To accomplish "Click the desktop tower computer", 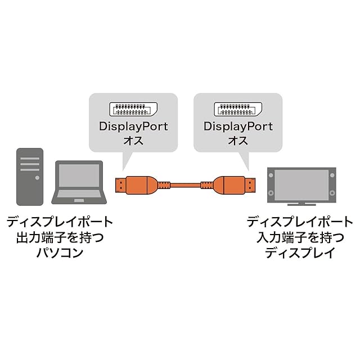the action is point(30,177).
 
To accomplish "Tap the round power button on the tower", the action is point(37,178).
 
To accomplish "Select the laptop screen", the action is point(79,175).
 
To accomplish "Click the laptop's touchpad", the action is point(79,201).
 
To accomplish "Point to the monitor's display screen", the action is point(301,185).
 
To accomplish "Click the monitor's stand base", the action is point(301,204).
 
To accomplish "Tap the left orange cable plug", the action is point(136,185).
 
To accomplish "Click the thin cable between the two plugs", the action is point(185,185).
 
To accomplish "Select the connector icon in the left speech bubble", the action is point(133,109).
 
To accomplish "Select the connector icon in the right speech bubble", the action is point(238,109).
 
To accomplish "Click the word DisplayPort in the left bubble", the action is point(133,127).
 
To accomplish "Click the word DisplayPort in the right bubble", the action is point(238,127).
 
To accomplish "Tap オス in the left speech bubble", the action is point(133,141).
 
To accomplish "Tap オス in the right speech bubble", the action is point(238,141).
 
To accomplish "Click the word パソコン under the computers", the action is point(60,253).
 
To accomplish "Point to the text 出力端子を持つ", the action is point(60,237).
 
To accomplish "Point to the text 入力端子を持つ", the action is point(300,237).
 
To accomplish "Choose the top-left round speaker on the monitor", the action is point(271,175).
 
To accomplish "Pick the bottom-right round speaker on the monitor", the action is point(332,192).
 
